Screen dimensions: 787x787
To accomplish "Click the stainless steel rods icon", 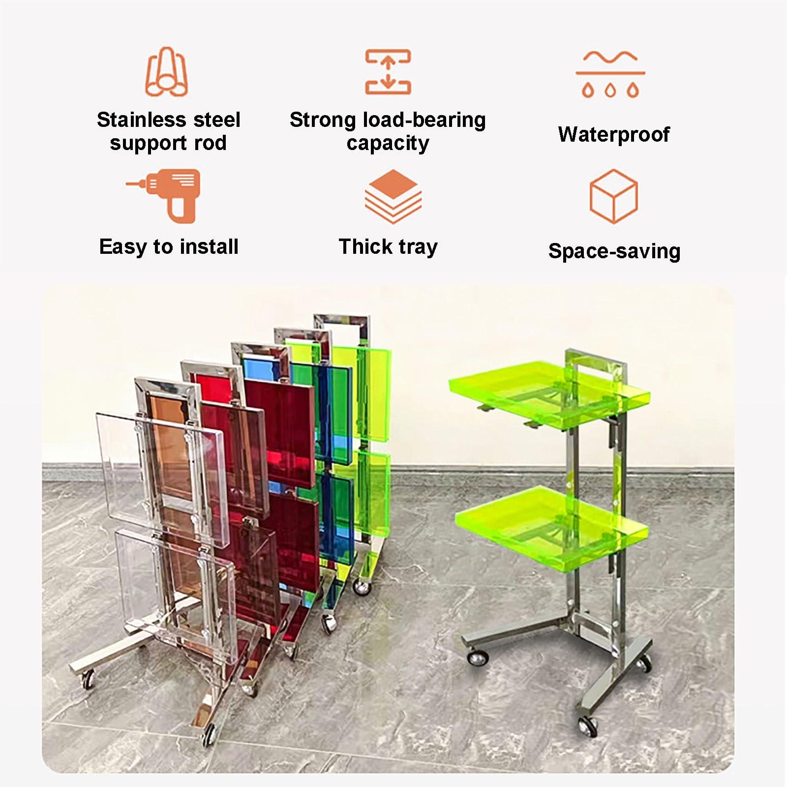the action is tap(167, 72).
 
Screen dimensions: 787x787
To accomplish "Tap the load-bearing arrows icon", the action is tap(388, 72).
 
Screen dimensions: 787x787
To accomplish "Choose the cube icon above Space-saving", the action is tap(613, 196).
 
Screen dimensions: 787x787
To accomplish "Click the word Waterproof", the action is tap(614, 134).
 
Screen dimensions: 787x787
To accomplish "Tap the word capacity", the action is tap(388, 143).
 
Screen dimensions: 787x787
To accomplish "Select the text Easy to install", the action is tap(169, 246).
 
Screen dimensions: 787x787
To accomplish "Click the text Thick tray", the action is tap(388, 247).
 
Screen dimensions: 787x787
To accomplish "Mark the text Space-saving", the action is tap(614, 251).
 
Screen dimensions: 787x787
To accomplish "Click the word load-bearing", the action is tap(424, 120).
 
